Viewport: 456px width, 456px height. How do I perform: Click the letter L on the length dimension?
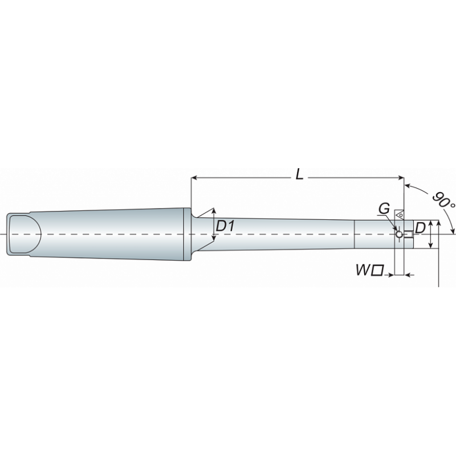(x=299, y=174)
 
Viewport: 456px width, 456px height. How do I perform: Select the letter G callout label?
(x=384, y=208)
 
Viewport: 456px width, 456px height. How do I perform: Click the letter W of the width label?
(x=363, y=270)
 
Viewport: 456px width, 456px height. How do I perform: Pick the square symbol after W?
(x=378, y=270)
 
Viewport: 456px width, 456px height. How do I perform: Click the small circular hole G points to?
(x=400, y=234)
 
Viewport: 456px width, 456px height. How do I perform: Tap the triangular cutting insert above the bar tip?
(x=400, y=215)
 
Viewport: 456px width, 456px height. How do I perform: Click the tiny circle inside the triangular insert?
(x=401, y=215)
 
